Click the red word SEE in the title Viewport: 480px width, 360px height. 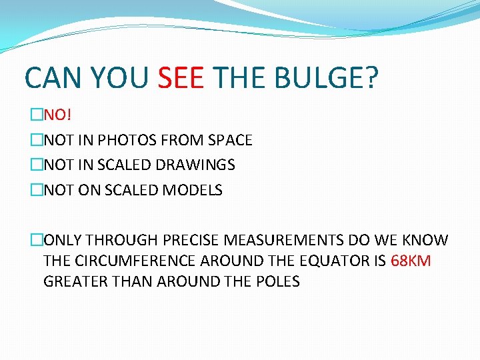click(181, 78)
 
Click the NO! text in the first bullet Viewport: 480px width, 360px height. click(58, 115)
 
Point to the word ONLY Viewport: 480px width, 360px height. click(64, 240)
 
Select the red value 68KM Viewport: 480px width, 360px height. click(411, 261)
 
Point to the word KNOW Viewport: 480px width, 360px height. click(426, 240)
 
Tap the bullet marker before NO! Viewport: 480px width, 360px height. click(36, 115)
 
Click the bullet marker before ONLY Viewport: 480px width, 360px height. click(36, 240)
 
